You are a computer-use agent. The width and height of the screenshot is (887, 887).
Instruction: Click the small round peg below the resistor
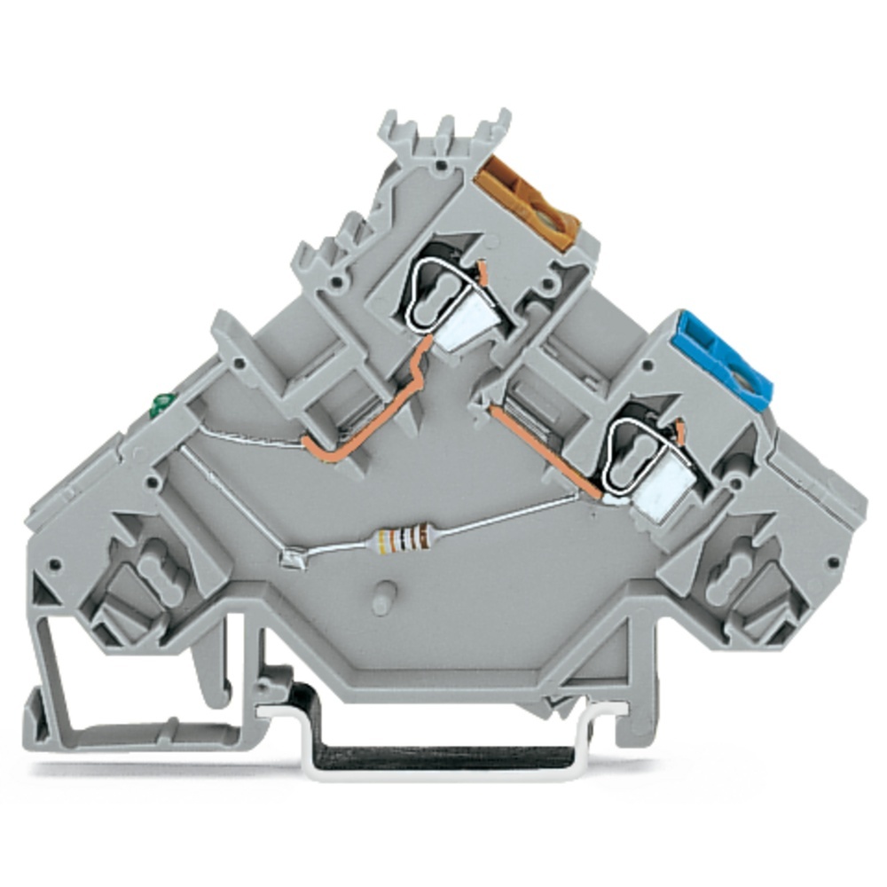click(x=383, y=597)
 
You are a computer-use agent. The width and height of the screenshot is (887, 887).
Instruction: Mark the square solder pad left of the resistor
click(x=289, y=558)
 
